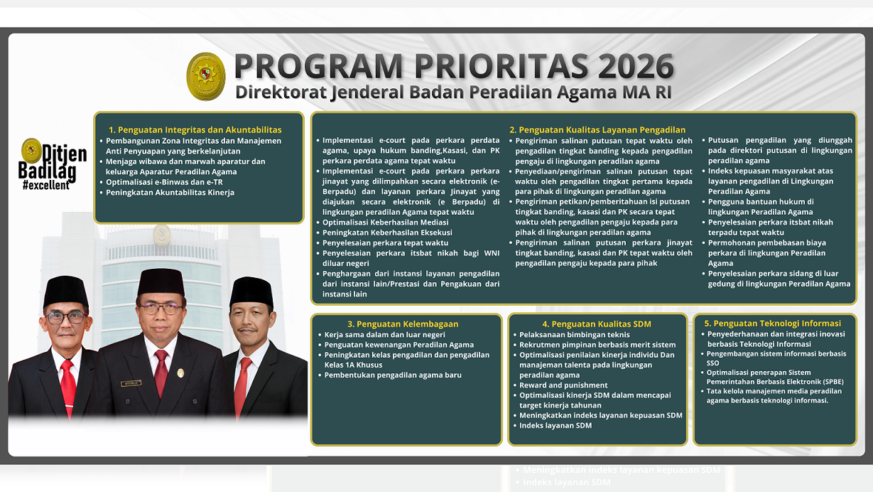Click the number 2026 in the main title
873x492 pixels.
point(636,67)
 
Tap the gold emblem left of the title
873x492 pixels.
point(206,76)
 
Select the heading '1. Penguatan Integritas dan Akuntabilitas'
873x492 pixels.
point(195,130)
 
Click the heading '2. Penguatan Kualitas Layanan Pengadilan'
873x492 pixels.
point(597,130)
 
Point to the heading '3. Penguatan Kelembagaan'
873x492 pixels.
point(403,324)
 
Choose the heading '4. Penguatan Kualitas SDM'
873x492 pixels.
point(597,324)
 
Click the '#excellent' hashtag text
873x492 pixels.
point(46,186)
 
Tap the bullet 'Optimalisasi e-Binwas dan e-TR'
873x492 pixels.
point(164,182)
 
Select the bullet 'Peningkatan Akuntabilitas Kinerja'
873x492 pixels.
point(170,193)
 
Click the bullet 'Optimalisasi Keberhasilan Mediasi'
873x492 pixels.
point(385,223)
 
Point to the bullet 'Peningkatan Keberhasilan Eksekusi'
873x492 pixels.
point(387,232)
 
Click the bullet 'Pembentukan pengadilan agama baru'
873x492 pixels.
point(393,375)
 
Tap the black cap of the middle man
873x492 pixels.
point(161,282)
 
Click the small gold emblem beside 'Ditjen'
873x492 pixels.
point(31,149)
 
